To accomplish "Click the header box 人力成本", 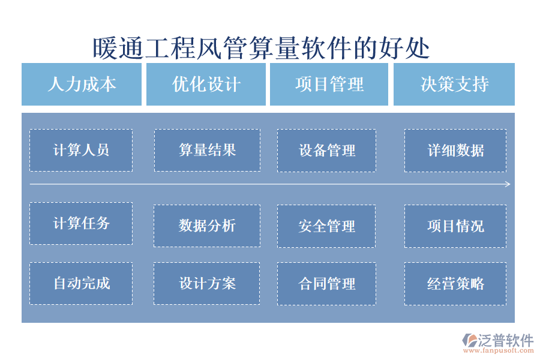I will coord(82,84).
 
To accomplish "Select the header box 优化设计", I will coord(206,84).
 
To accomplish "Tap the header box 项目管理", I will coord(329,84).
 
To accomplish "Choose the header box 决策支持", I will coord(454,84).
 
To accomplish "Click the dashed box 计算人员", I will coord(81,150).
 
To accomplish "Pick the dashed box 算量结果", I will coord(207,150).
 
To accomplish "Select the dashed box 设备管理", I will coord(326,150).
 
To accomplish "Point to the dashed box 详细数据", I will coord(455,150).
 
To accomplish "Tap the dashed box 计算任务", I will coord(81,223).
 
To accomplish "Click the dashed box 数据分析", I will coord(207,226).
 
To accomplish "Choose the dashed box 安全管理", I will coord(326,226).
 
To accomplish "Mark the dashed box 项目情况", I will coord(455,226).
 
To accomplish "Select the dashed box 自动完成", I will coord(81,283).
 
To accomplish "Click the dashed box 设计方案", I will coord(207,283).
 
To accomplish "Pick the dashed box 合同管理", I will coord(326,283).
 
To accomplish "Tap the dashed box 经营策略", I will coord(455,283).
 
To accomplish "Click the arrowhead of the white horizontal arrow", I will coord(508,184).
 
